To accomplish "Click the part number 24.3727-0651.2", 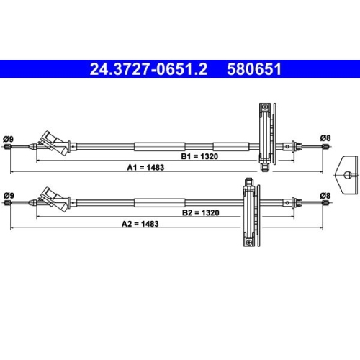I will point(148,69).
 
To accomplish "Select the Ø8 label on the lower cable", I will point(324,195).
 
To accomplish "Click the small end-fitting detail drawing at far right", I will point(348,173).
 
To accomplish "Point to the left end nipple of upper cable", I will point(7,148).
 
